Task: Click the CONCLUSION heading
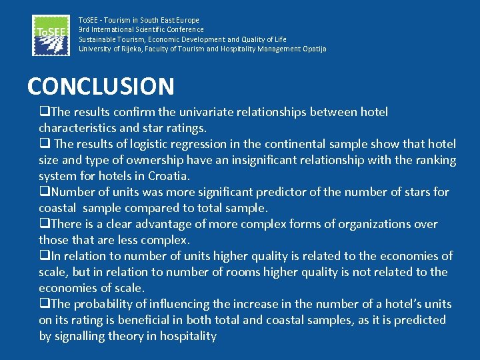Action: click(x=101, y=86)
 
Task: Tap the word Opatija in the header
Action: click(x=314, y=49)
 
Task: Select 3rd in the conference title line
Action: click(x=85, y=29)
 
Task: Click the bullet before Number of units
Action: click(x=44, y=193)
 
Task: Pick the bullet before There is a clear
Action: click(x=44, y=225)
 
